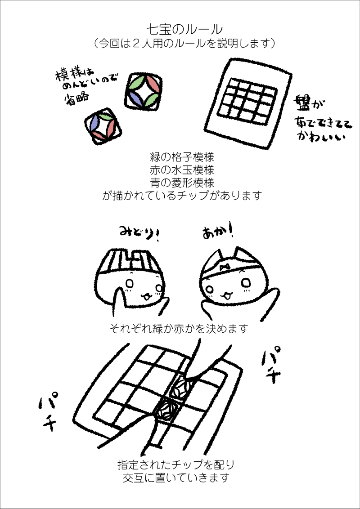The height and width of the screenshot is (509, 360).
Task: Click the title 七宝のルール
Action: pyautogui.click(x=184, y=30)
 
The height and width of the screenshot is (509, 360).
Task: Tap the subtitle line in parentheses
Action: pyautogui.click(x=184, y=44)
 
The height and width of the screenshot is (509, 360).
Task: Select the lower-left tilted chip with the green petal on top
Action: pyautogui.click(x=103, y=125)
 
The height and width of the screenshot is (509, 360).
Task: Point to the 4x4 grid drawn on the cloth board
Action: pyautogui.click(x=247, y=101)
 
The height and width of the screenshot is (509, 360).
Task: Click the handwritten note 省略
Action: pyautogui.click(x=75, y=98)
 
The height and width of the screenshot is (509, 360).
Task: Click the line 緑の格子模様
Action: pyautogui.click(x=182, y=158)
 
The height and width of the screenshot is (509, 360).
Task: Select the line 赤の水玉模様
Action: pyautogui.click(x=182, y=170)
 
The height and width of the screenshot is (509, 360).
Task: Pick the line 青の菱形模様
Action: pyautogui.click(x=182, y=183)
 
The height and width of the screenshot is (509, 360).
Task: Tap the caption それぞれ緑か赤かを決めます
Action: pyautogui.click(x=180, y=329)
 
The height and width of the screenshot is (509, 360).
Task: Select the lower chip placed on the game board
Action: pyautogui.click(x=166, y=410)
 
